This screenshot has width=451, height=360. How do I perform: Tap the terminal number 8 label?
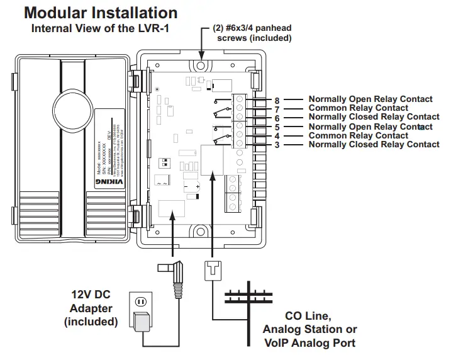tap(277, 99)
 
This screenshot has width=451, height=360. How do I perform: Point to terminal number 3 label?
tap(277, 145)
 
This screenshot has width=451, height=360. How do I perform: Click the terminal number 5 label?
tap(277, 127)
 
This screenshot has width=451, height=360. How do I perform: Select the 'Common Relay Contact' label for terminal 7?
tap(358, 108)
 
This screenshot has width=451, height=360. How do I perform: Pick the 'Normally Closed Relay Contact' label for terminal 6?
tap(374, 117)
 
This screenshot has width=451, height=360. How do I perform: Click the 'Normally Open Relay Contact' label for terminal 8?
tap(370, 99)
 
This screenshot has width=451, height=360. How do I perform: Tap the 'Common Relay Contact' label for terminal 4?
tap(358, 135)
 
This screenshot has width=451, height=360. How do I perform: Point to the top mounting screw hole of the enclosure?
tap(200, 64)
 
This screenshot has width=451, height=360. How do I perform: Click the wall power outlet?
tap(142, 302)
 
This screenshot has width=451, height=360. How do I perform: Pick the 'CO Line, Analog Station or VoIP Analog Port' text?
tap(310, 329)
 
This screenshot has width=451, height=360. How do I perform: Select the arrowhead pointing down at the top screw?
tap(200, 53)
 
